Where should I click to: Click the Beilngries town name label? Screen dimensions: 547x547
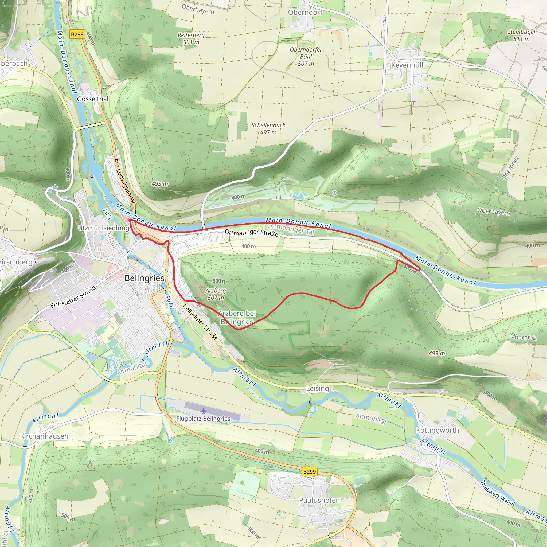click(144, 278)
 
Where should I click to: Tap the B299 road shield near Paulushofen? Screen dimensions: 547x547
click(309, 472)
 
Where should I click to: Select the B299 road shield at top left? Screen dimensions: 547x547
click(77, 34)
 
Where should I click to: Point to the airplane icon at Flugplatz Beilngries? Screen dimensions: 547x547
click(203, 411)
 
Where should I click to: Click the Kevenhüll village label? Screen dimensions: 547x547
click(407, 65)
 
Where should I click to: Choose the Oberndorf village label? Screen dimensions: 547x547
click(305, 13)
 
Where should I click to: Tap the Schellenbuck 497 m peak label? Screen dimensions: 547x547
click(268, 128)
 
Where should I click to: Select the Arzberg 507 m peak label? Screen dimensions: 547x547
click(216, 294)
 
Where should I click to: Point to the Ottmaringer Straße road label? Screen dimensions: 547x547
click(251, 232)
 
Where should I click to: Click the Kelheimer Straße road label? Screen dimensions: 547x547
click(200, 322)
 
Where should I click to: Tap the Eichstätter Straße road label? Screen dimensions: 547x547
click(73, 297)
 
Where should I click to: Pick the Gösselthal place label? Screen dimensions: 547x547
click(93, 99)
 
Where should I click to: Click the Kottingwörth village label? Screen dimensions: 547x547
click(437, 430)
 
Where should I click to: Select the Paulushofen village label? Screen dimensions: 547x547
click(319, 500)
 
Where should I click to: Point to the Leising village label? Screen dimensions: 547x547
click(317, 388)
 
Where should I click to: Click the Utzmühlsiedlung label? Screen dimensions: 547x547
click(103, 228)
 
